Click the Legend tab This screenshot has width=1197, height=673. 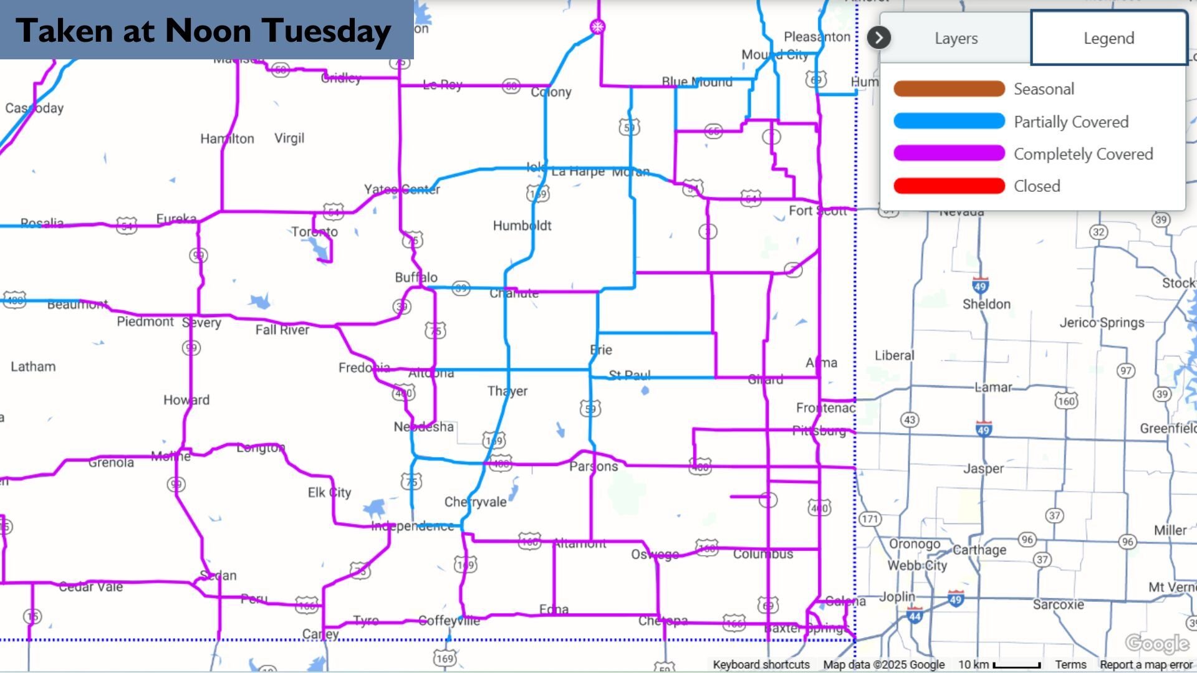1108,38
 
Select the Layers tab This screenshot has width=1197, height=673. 956,38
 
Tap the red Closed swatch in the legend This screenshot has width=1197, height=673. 949,186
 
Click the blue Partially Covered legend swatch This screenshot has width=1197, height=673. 949,121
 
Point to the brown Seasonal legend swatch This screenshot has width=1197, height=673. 949,88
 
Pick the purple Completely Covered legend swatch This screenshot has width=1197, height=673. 949,153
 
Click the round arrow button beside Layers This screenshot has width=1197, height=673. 878,38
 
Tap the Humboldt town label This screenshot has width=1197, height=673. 522,226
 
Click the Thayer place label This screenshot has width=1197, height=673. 507,391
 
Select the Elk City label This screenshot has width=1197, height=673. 329,493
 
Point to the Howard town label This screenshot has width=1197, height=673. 186,400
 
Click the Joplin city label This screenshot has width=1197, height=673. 897,597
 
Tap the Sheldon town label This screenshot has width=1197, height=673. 986,304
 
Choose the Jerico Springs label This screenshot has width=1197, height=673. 1102,323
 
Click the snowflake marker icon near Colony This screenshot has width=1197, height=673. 597,27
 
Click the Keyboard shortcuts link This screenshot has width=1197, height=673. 761,665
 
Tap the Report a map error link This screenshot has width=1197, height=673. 1146,665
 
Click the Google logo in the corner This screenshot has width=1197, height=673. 1157,643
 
